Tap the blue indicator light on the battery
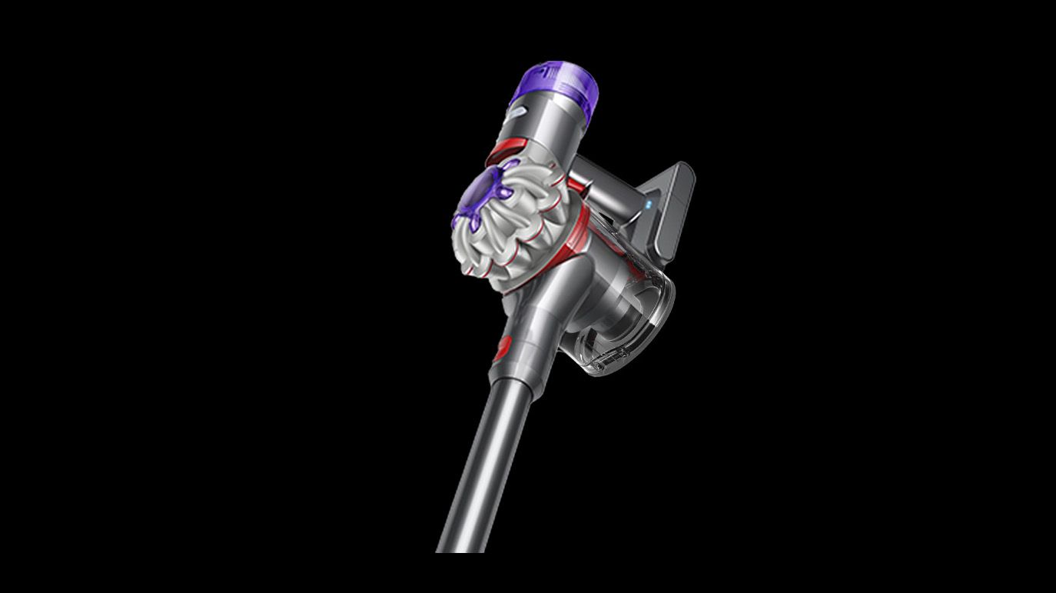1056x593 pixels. click(x=649, y=205)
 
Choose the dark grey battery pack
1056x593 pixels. click(x=669, y=208)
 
